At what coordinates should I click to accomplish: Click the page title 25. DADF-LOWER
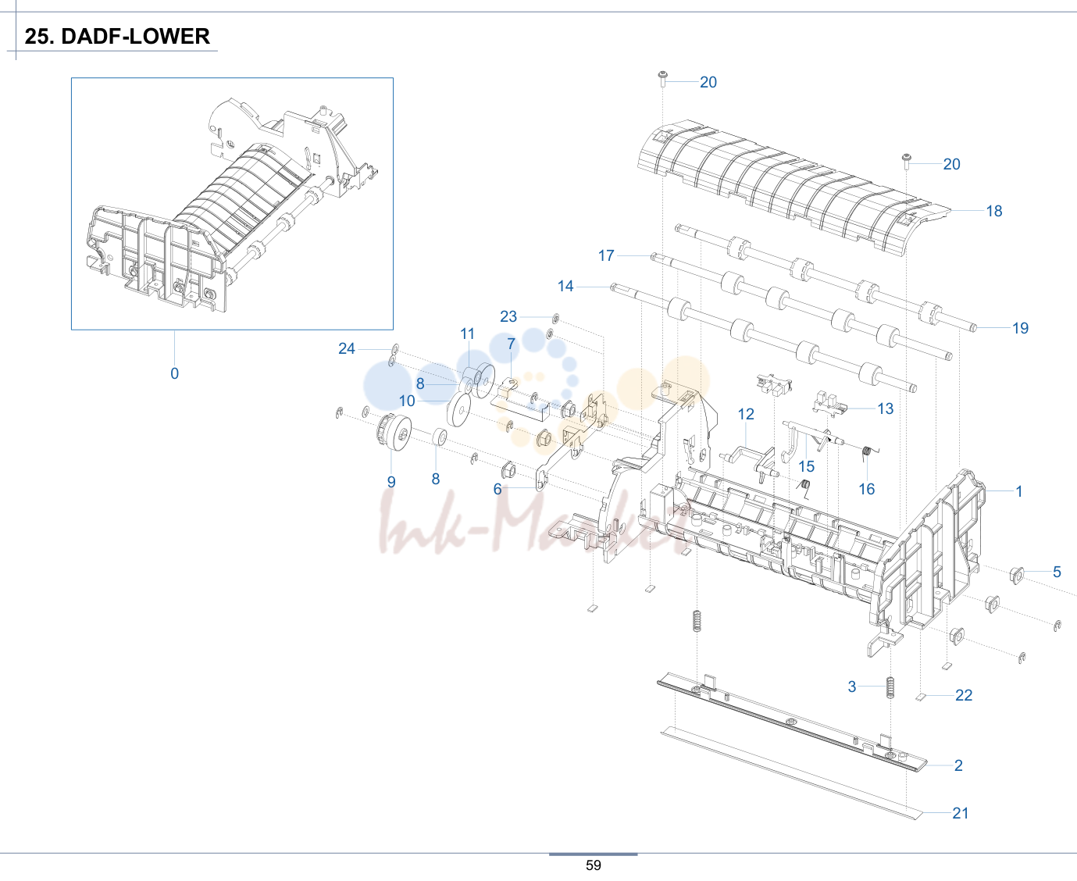coord(117,36)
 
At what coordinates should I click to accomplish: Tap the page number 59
coord(593,865)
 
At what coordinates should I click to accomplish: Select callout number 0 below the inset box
coord(175,373)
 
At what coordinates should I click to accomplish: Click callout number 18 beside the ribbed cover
coord(993,211)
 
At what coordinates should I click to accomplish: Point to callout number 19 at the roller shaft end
coord(1020,328)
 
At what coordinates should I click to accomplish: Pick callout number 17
coord(606,255)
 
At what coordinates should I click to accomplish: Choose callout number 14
coord(565,286)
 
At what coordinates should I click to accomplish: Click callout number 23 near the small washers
coord(508,316)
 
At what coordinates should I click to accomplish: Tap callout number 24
coord(347,348)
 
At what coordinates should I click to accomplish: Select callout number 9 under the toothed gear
coord(391,482)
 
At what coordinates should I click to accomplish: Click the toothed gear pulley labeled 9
coord(394,432)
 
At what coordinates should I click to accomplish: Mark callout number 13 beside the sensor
coord(886,408)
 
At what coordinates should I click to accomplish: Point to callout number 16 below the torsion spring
coord(867,489)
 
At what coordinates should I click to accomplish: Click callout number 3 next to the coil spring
coord(852,687)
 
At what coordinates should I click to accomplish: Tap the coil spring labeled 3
coord(890,687)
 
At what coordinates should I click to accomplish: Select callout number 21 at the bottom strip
coord(961,813)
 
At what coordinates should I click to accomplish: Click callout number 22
coord(964,695)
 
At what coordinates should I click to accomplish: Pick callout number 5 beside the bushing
coord(1057,572)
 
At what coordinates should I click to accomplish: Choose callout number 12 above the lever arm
coord(746,414)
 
